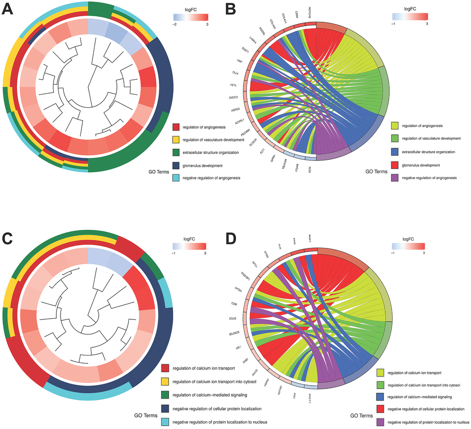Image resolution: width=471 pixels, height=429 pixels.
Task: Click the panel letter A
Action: pos(8,9)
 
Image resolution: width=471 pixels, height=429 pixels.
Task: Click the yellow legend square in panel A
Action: pos(175,139)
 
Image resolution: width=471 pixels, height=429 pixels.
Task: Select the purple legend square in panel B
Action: pos(394,177)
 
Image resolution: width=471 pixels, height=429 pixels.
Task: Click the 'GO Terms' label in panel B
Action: pos(377,171)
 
